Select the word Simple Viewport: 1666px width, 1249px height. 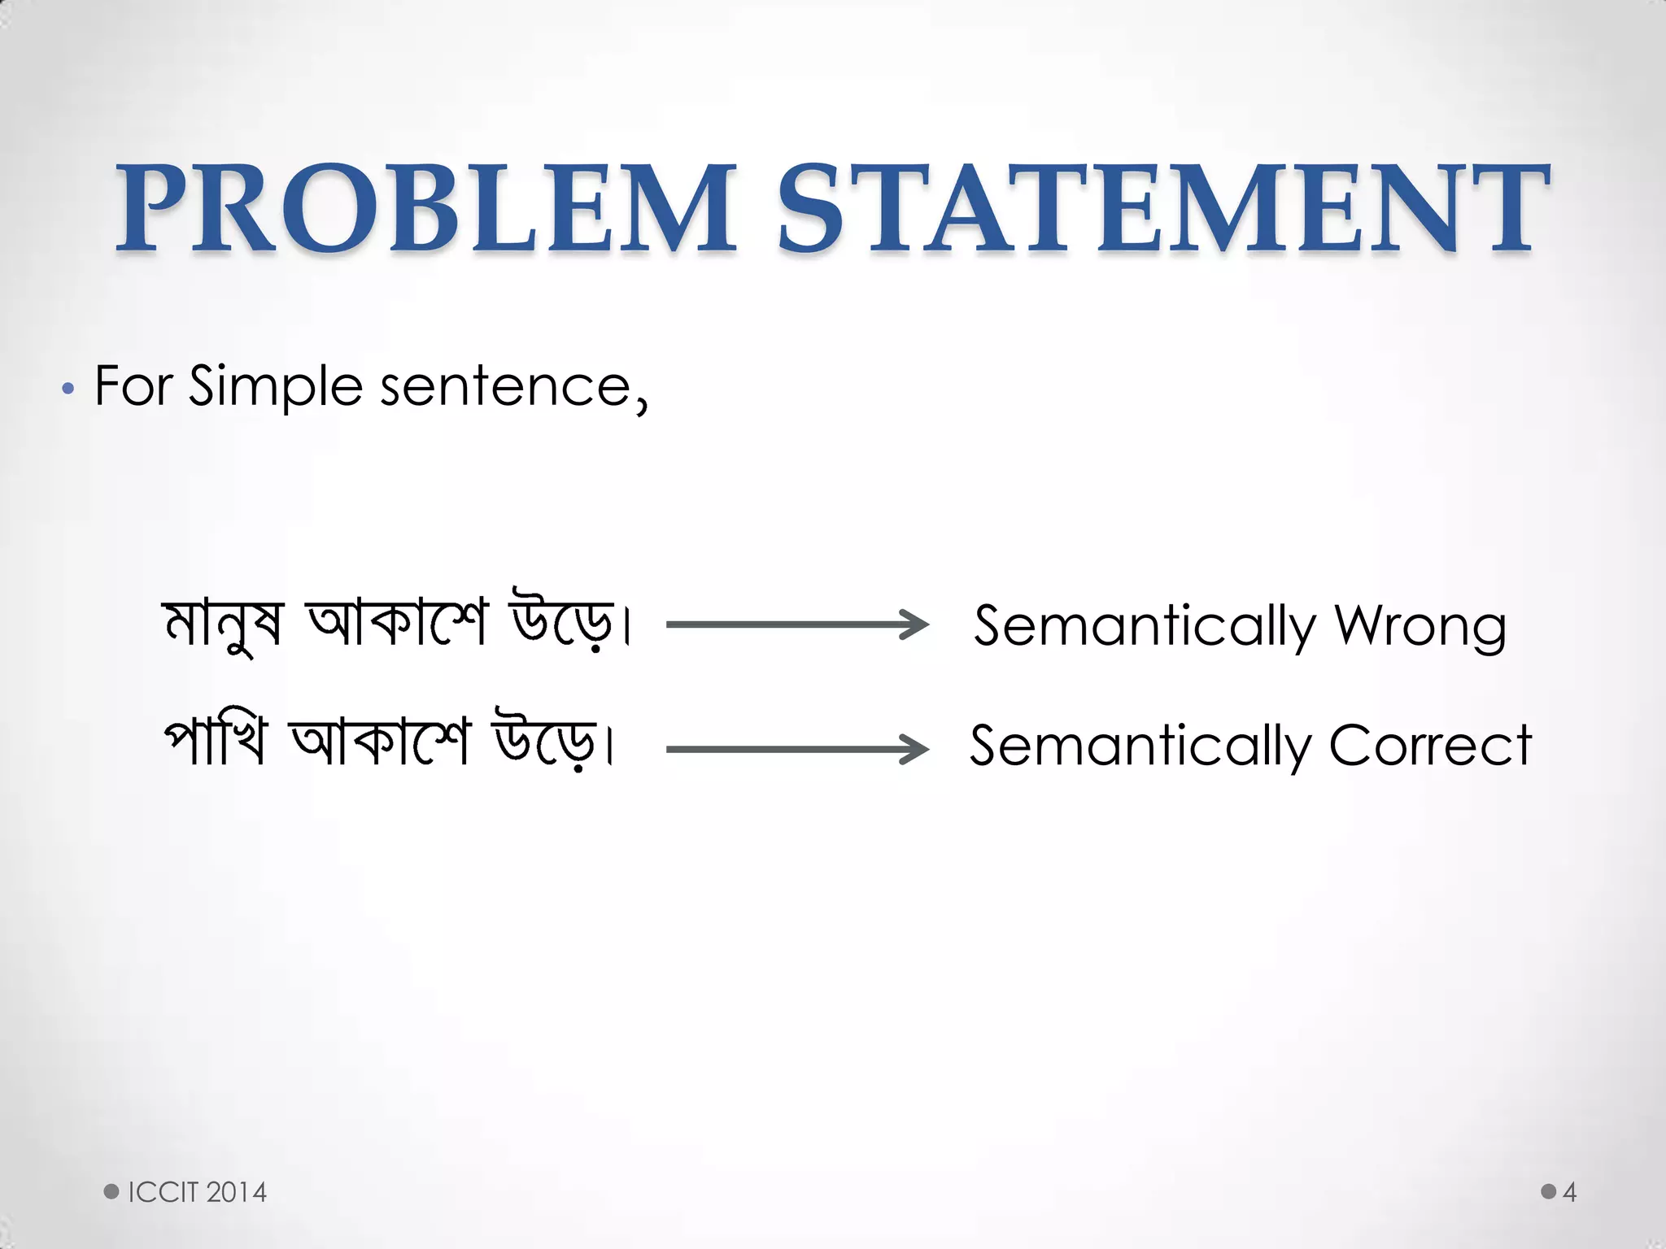276,387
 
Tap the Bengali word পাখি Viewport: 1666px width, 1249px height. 215,742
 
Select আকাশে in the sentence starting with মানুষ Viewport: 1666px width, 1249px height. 396,623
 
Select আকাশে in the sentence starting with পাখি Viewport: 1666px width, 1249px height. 380,742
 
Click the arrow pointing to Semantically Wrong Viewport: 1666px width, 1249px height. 797,624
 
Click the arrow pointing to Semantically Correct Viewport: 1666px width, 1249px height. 797,749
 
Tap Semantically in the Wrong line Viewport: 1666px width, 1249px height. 1145,626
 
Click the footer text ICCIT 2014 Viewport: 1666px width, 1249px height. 197,1192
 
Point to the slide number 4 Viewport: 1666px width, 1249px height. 1569,1192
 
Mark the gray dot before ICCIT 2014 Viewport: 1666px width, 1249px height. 111,1191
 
